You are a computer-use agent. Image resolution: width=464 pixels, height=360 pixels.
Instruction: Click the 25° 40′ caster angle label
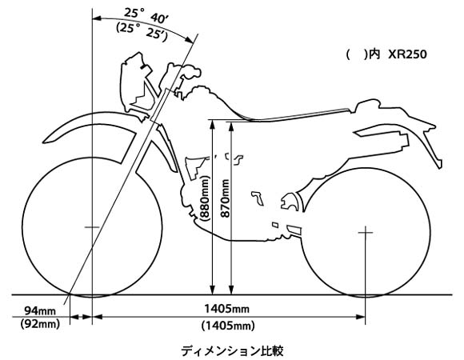click(146, 15)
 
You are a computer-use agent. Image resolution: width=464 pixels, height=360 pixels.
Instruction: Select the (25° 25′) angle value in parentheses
click(142, 30)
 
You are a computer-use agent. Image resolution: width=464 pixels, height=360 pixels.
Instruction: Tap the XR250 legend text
click(407, 54)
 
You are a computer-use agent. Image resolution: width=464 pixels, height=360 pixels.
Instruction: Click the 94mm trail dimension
click(40, 310)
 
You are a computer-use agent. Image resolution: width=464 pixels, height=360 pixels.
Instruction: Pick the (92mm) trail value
click(40, 324)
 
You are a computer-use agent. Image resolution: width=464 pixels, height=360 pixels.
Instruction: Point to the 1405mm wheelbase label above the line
click(226, 309)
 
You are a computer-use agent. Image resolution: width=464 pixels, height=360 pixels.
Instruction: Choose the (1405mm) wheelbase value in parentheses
click(228, 326)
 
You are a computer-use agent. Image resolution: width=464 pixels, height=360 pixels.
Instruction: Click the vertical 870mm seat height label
click(226, 198)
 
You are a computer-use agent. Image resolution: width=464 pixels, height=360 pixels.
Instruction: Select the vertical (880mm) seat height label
click(205, 198)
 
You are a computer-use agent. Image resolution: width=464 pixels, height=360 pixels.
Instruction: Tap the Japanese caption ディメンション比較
click(232, 351)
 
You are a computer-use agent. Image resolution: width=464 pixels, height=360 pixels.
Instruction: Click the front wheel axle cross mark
click(92, 227)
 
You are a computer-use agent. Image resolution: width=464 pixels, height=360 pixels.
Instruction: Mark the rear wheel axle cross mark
click(366, 233)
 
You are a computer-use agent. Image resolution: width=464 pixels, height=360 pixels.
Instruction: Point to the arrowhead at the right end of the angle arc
click(190, 40)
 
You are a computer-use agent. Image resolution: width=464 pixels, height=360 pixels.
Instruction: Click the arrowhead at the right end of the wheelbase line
click(360, 317)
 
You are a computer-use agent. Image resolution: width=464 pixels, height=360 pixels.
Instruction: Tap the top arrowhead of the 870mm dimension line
click(231, 126)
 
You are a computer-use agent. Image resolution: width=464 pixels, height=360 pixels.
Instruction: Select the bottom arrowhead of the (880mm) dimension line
click(212, 290)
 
